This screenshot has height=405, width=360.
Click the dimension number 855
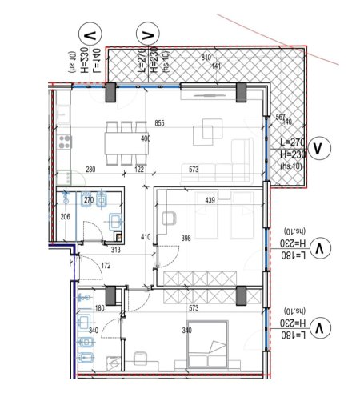pos(159,123)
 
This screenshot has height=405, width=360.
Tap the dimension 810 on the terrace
pos(206,58)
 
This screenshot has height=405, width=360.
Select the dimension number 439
pos(210,199)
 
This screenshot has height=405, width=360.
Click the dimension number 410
pos(146,237)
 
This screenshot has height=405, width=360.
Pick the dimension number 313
pos(115,250)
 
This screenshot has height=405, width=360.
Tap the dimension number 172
pos(105,265)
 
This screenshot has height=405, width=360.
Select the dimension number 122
pos(139,170)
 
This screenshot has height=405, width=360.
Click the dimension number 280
pos(90,170)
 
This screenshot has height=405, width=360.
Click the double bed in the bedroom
pos(207,347)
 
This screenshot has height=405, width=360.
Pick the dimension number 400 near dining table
pos(146,139)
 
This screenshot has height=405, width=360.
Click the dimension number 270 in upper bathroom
pos(90,200)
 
